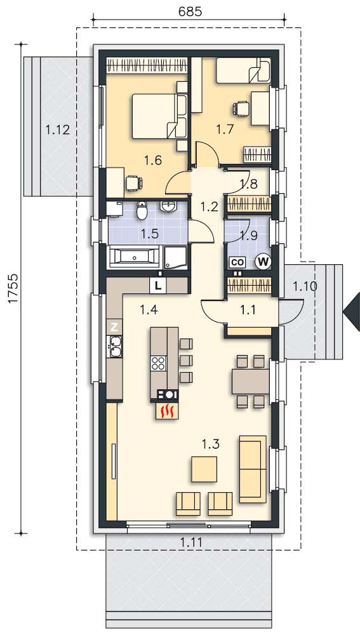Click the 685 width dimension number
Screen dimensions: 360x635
pos(190,12)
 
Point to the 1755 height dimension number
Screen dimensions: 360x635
pos(13,288)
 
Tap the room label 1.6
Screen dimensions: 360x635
pos(153,161)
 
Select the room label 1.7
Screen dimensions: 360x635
pos(225,130)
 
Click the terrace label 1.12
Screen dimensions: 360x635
pos(58,130)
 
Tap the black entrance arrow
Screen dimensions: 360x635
pos(352,312)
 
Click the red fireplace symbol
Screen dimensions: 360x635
pos(166,410)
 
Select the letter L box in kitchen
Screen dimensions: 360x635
pos(158,286)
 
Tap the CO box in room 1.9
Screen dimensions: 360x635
pos(237,262)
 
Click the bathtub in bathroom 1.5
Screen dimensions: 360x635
pos(135,257)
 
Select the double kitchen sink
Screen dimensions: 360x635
pos(114,347)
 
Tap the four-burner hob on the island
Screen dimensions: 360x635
pos(159,363)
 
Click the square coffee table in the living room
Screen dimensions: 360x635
pos(204,469)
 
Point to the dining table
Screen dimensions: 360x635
pos(251,381)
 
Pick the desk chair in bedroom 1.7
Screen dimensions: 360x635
pos(241,109)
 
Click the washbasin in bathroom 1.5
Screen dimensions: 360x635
pos(168,206)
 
